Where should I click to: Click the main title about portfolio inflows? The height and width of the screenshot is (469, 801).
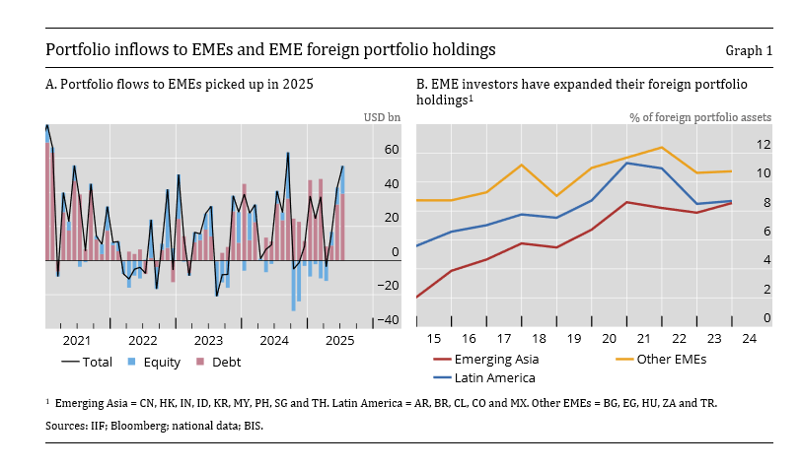(x=270, y=49)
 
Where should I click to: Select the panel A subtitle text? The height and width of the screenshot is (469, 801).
(x=180, y=85)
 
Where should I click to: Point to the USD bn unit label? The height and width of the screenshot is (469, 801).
(x=382, y=117)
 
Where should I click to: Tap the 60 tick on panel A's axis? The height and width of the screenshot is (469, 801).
(x=391, y=150)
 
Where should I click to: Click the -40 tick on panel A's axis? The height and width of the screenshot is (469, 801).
(x=389, y=320)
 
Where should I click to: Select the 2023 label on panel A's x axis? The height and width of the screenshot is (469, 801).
(x=208, y=340)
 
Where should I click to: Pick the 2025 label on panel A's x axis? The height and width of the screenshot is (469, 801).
(x=339, y=340)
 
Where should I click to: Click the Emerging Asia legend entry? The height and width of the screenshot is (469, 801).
(x=490, y=360)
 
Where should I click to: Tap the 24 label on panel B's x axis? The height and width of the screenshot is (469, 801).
(x=749, y=340)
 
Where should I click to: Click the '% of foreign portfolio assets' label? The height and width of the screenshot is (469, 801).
(x=700, y=117)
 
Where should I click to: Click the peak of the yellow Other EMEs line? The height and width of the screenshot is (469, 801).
(x=661, y=148)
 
